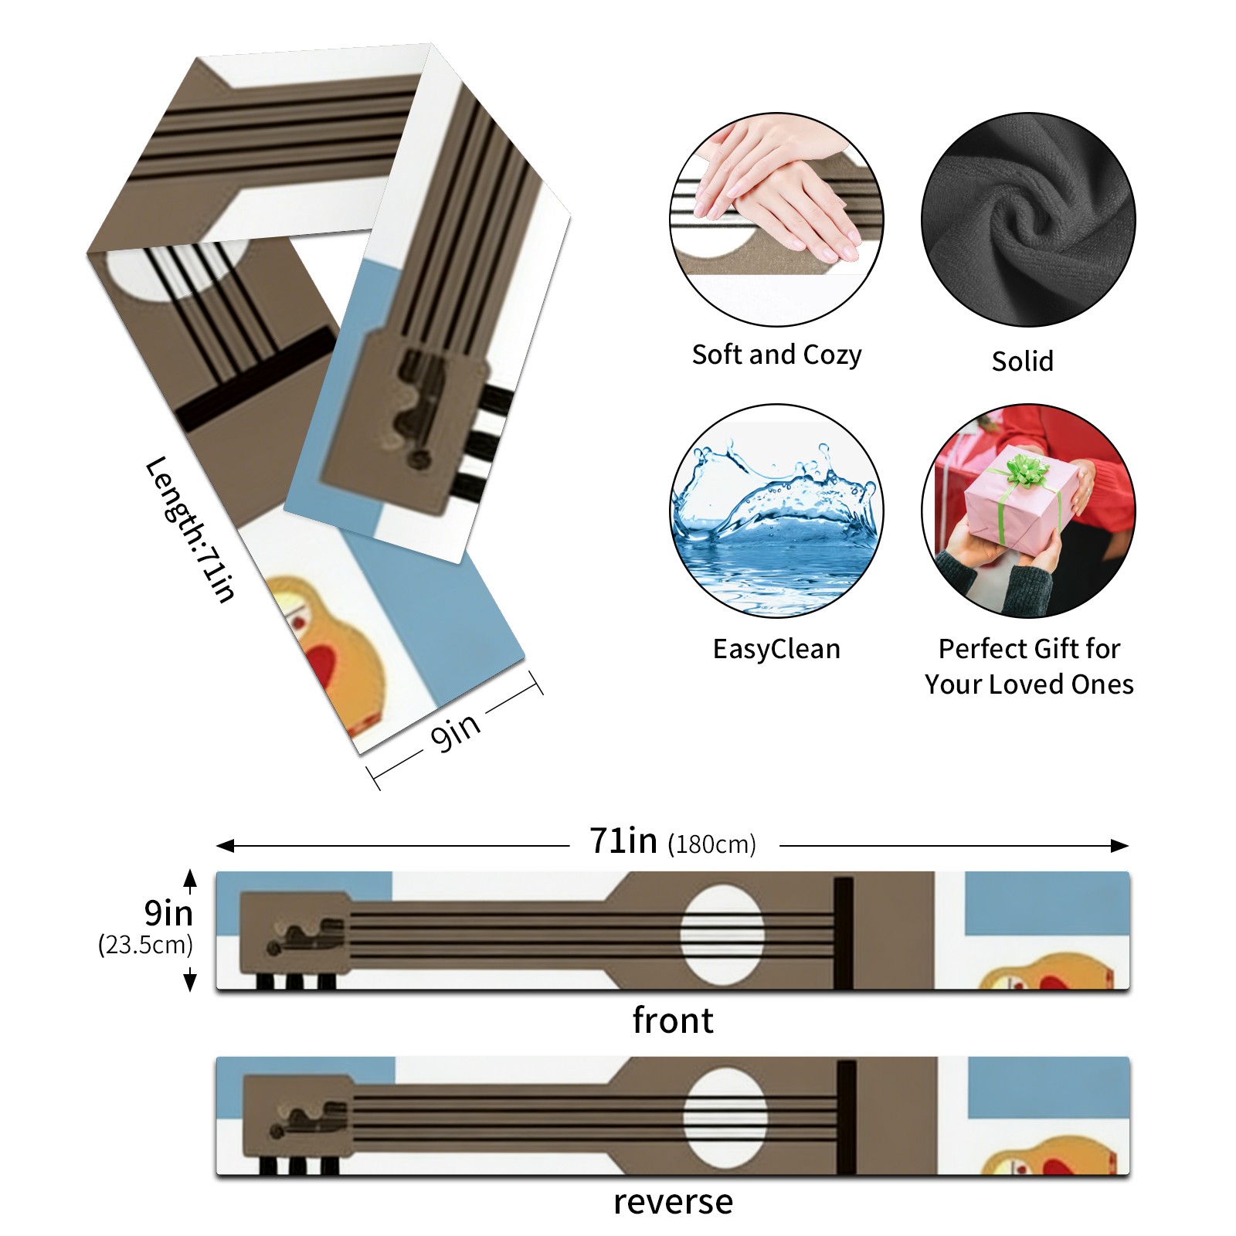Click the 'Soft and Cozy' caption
776,355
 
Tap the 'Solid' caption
1022,361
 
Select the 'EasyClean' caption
776,649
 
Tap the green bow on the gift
1026,468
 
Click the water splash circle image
776,511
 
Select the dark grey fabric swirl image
1028,219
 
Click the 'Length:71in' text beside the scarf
190,529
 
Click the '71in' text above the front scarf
623,840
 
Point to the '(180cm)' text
711,844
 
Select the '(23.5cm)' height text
145,944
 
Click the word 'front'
672,1020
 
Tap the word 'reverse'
672,1202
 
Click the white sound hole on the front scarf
722,935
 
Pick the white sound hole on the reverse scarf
725,1118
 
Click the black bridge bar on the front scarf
843,932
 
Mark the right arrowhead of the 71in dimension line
1121,846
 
